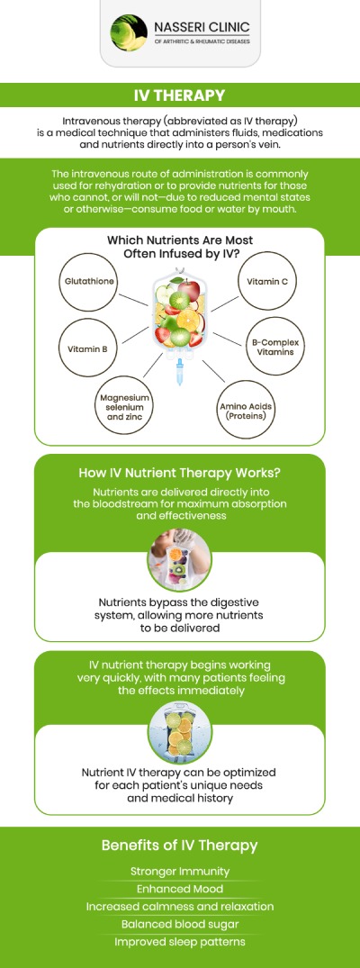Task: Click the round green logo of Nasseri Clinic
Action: click(x=129, y=32)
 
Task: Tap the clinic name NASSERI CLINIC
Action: click(x=202, y=28)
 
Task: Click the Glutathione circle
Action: click(x=87, y=282)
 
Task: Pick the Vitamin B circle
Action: click(x=87, y=348)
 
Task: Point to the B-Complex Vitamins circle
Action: click(x=271, y=347)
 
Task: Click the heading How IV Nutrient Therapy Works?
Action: click(x=180, y=473)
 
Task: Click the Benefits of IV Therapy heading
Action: click(x=180, y=845)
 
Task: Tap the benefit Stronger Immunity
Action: click(x=180, y=871)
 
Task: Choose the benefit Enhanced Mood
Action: click(x=180, y=889)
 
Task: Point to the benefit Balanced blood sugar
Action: click(x=180, y=924)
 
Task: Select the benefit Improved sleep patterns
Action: click(x=180, y=942)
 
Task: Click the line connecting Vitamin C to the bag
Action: click(x=225, y=303)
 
